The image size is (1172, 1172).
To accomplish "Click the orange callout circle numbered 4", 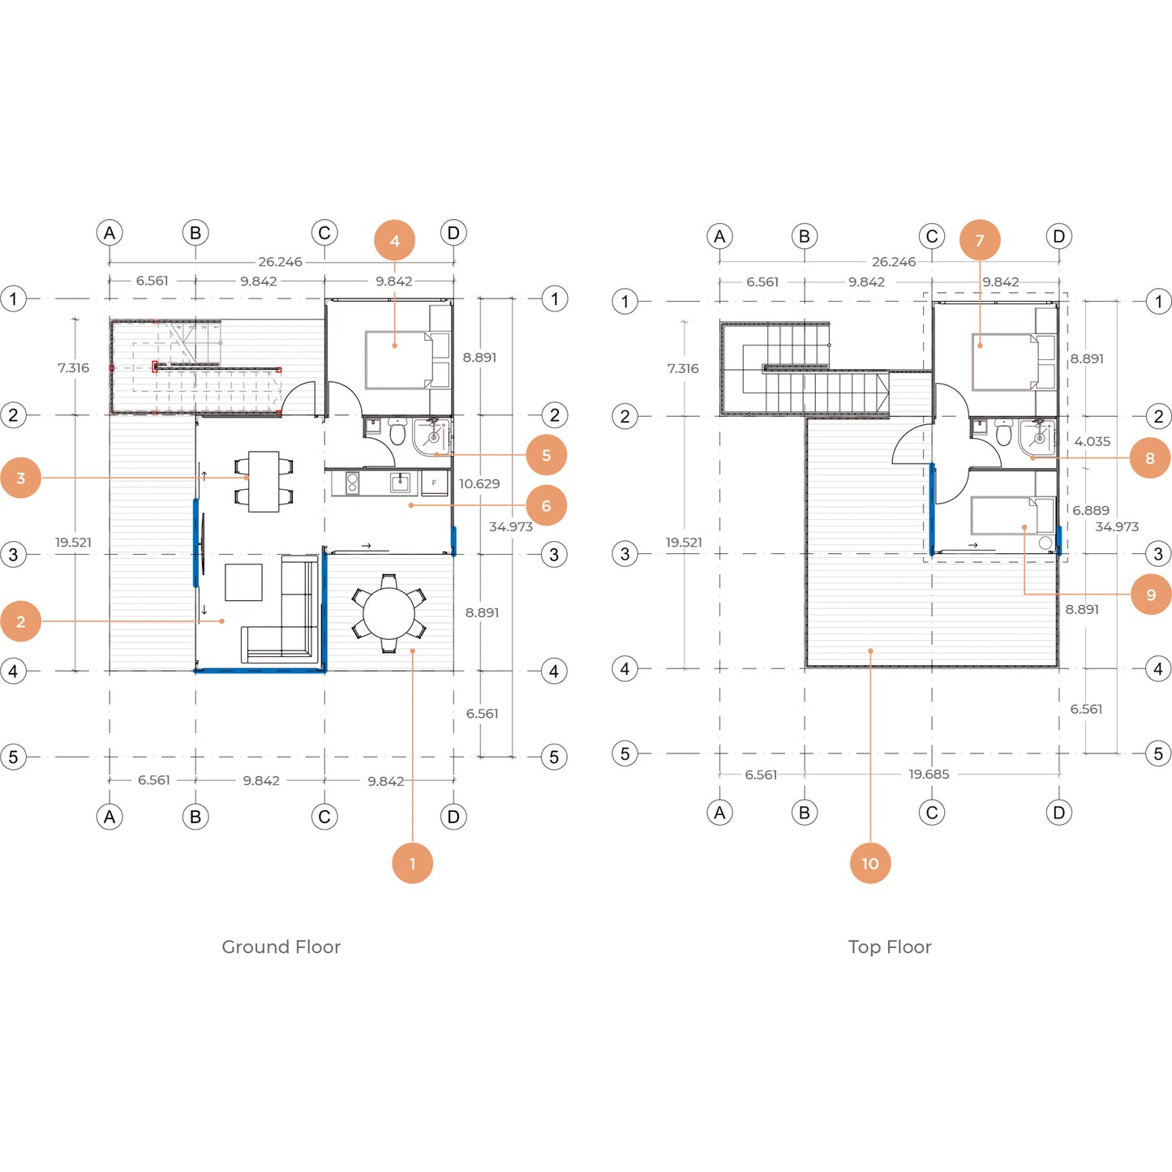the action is pos(395,240).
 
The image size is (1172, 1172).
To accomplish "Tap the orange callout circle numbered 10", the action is pos(870,863).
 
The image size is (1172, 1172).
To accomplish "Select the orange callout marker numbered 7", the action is pos(980,240).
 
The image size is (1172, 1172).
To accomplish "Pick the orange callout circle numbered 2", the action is pos(20,621).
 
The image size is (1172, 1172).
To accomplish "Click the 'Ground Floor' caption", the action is pos(281,947).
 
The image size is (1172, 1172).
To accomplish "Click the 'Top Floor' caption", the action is pos(890,947).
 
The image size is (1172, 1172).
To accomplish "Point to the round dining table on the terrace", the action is pos(389,613).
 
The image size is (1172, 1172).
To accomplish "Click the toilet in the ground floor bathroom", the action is pos(397,431).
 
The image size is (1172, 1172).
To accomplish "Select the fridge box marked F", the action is pos(434,483).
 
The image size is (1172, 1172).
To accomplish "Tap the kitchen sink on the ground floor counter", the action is pos(400,483).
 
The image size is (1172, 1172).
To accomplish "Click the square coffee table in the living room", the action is pos(244,582).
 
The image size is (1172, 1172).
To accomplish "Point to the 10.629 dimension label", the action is pos(479,483).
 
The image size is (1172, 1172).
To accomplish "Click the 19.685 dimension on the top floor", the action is pos(929,774).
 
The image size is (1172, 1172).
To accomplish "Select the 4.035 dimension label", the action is pos(1093,441).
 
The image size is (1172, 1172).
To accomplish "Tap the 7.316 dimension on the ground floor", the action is pos(73,367).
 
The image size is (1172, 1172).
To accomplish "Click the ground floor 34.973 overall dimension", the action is pos(511,526).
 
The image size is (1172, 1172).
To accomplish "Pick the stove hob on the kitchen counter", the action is pos(352,483).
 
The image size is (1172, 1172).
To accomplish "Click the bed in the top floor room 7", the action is pos(1005,361).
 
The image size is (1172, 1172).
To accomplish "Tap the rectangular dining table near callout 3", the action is pos(264,481).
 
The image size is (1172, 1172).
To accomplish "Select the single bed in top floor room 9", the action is pos(1013,515).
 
